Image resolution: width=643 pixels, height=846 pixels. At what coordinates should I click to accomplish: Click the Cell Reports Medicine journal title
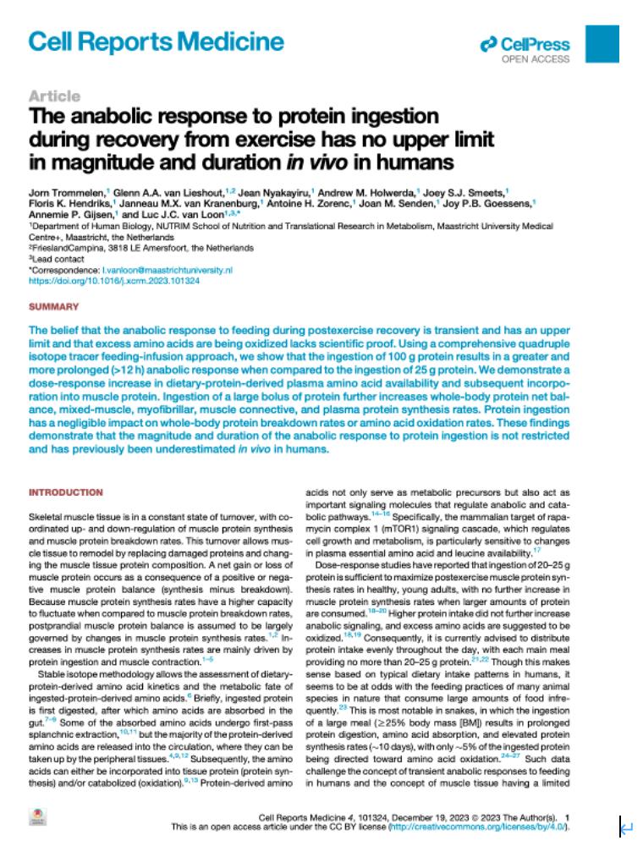pos(156,42)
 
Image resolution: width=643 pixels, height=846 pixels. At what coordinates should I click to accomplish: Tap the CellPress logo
pos(525,44)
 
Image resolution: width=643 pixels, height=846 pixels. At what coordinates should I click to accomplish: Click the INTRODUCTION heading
pos(66,492)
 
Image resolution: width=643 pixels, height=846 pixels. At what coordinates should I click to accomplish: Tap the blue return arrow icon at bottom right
pos(627,824)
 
